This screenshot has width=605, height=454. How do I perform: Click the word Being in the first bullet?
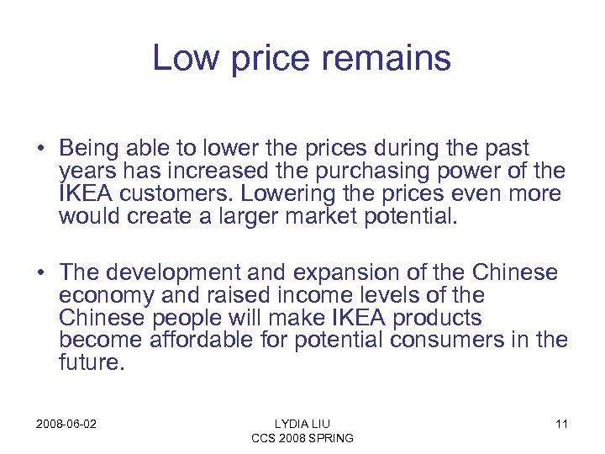pyautogui.click(x=90, y=150)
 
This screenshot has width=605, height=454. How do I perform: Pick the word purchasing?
pyautogui.click(x=353, y=172)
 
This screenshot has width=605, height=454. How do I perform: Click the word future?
pyautogui.click(x=89, y=365)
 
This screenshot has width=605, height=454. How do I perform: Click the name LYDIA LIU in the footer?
pyautogui.click(x=302, y=424)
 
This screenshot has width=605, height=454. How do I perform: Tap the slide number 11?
pyautogui.click(x=561, y=424)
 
